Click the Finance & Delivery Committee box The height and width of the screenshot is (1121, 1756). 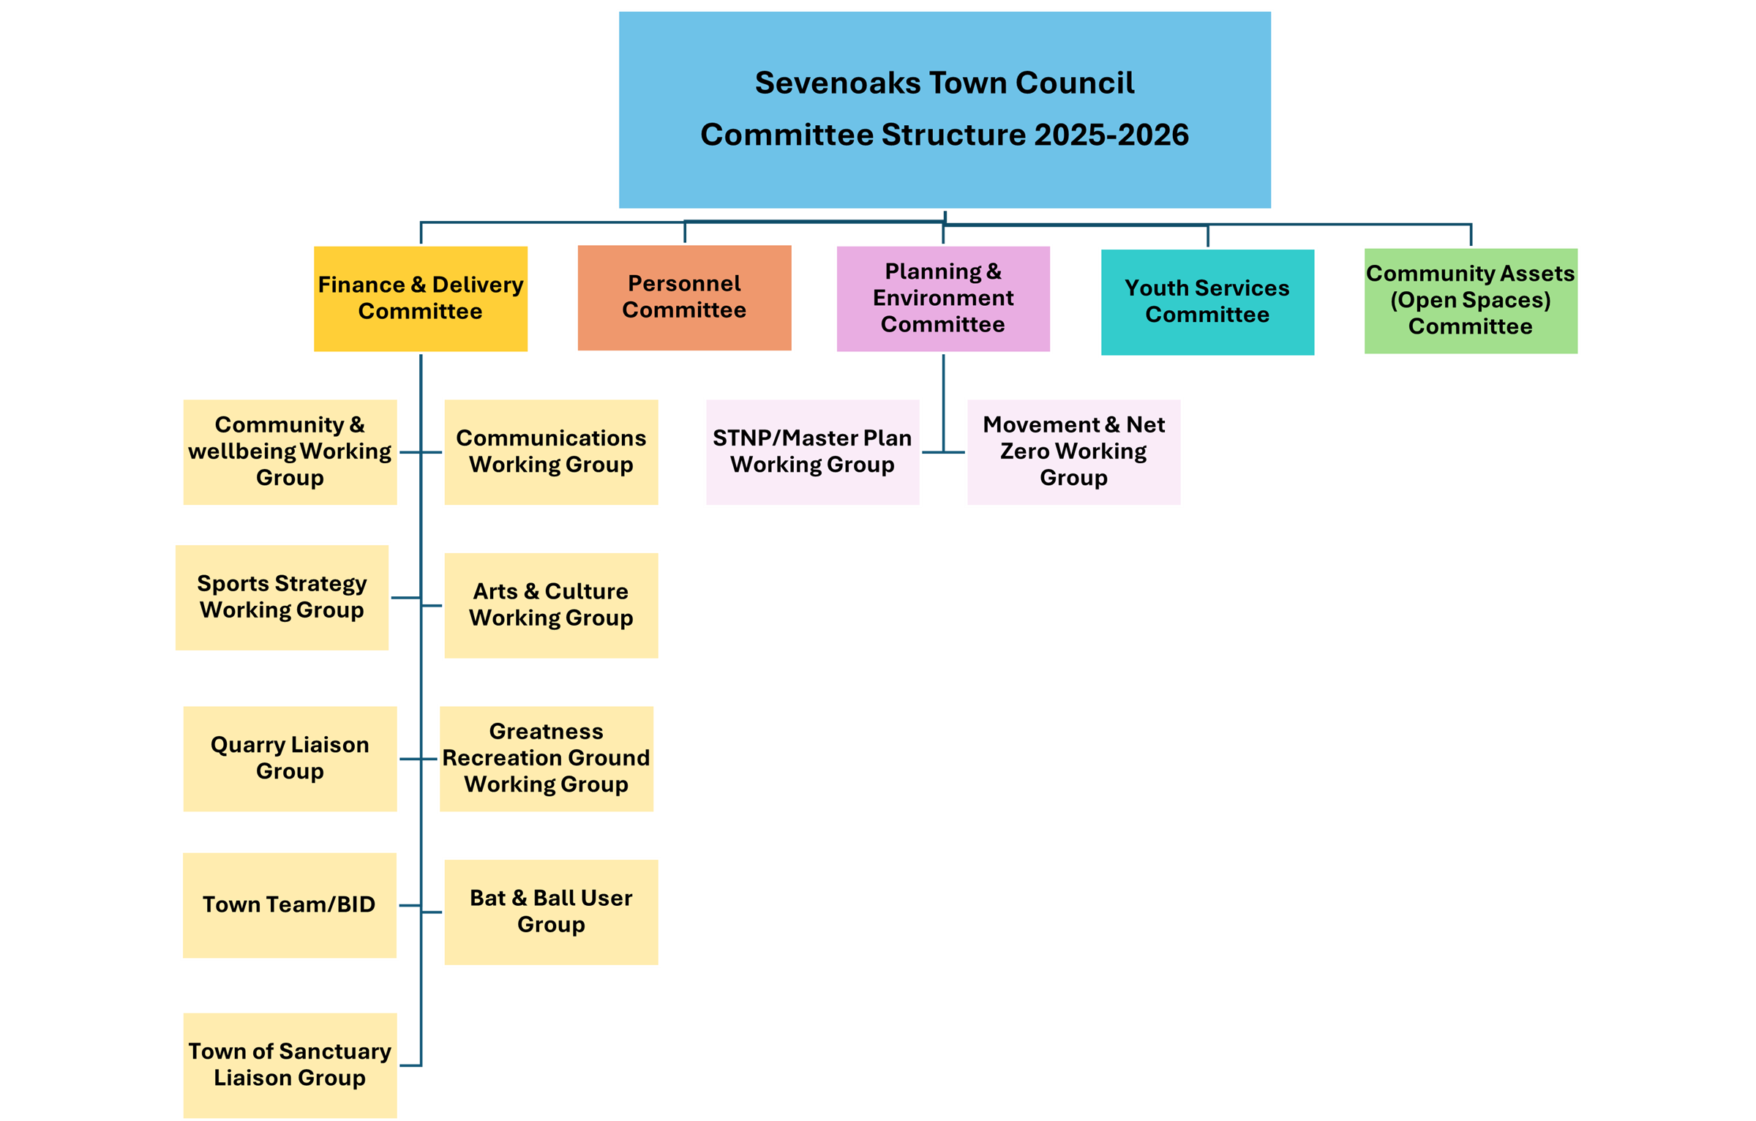tap(420, 299)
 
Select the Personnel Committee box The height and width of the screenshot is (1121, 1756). tap(684, 297)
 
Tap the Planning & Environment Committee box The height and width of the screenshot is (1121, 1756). tap(943, 299)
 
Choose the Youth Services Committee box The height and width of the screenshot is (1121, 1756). tap(1207, 301)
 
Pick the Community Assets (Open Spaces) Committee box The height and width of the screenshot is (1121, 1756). tap(1471, 301)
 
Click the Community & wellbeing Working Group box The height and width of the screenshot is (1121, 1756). tap(290, 451)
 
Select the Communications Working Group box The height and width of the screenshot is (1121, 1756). tap(551, 451)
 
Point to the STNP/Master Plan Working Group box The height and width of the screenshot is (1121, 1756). tap(812, 451)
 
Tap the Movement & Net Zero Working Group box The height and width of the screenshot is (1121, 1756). tap(1073, 451)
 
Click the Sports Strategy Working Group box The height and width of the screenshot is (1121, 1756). tap(282, 597)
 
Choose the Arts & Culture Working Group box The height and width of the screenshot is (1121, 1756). tap(551, 605)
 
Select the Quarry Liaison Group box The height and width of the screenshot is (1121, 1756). tap(290, 758)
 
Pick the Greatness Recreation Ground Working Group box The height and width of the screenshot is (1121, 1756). tap(546, 758)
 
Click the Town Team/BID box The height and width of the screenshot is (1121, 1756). tap(289, 905)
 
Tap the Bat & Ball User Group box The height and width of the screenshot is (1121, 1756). tap(551, 912)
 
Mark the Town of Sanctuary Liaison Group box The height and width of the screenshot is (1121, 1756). tap(290, 1065)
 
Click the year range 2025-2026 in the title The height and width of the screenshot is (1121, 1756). tap(1111, 135)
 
